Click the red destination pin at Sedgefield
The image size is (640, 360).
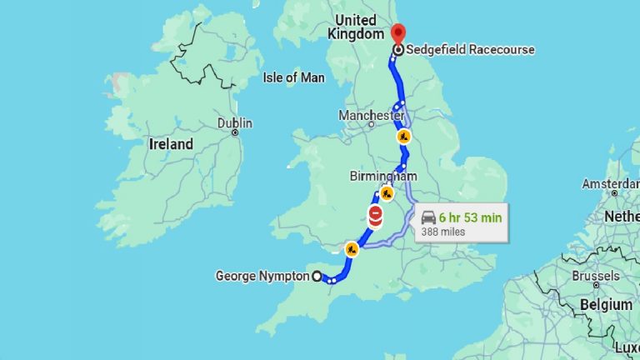[x=397, y=33]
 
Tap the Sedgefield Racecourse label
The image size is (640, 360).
[x=471, y=50]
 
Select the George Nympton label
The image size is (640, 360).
[x=262, y=276]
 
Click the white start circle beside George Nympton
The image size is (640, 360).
[x=317, y=277]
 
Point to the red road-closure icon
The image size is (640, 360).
[x=376, y=216]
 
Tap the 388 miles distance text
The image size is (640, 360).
[x=443, y=232]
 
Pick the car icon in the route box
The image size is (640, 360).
[x=428, y=217]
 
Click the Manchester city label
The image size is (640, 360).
[x=371, y=114]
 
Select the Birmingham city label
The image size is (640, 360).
[x=382, y=176]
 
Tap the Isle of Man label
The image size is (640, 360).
[x=292, y=77]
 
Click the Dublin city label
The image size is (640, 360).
[x=234, y=122]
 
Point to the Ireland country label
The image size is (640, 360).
[x=170, y=144]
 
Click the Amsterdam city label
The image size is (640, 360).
[x=611, y=182]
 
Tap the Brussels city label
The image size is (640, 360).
[x=595, y=276]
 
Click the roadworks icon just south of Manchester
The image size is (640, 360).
[x=404, y=136]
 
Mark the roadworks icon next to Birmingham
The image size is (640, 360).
[x=387, y=193]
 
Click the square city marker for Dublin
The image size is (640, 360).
[x=236, y=132]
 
